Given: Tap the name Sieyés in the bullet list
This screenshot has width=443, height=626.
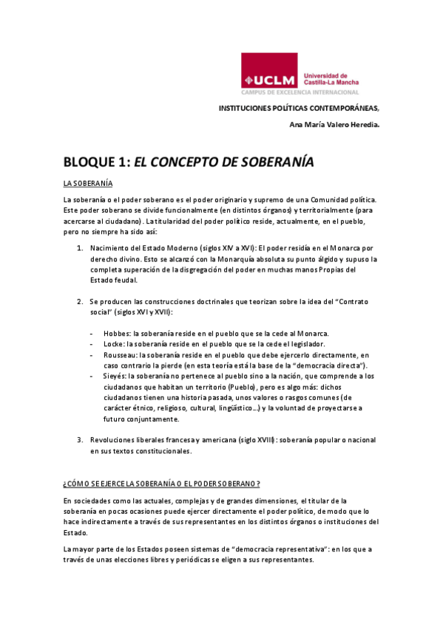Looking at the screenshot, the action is point(115,376).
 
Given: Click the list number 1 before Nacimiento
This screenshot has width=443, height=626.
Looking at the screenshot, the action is point(80,248).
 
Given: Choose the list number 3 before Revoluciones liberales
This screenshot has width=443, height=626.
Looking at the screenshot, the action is point(80,440).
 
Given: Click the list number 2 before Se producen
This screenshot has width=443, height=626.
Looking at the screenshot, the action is point(80,303).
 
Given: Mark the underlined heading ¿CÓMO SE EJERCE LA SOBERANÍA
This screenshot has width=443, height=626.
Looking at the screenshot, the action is point(161,484).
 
